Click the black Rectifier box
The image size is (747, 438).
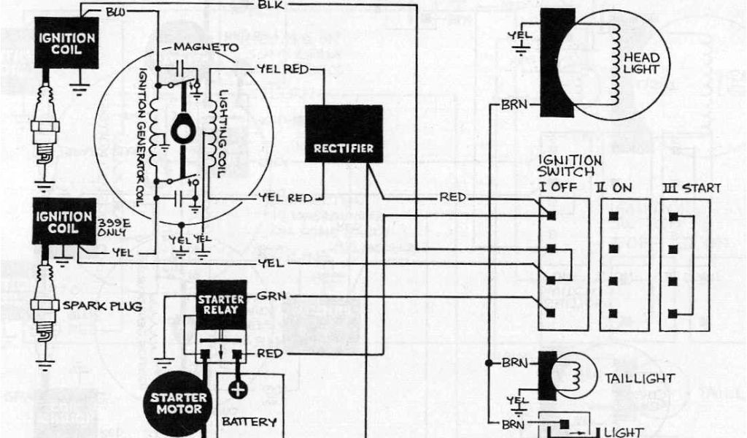point(344,134)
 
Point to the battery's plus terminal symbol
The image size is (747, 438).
point(238,389)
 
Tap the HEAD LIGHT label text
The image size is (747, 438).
point(641,64)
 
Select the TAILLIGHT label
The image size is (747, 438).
point(639,378)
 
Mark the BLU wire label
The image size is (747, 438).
point(115,12)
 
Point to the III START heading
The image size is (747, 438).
point(690,188)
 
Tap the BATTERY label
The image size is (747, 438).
point(249,421)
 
